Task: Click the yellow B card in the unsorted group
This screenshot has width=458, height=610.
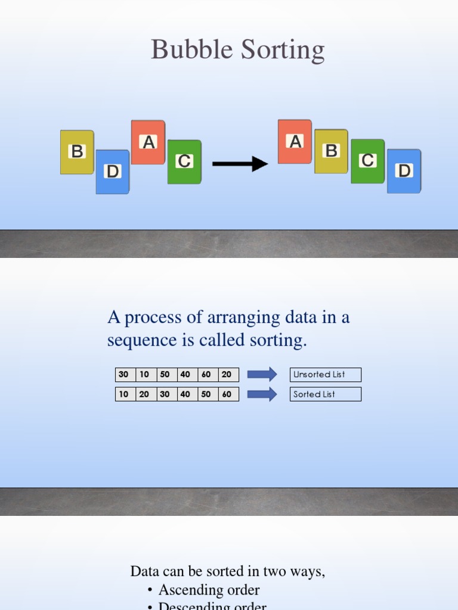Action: point(77,152)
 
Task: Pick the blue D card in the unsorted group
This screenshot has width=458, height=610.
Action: point(113,172)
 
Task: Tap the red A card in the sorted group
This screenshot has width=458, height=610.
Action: point(295,142)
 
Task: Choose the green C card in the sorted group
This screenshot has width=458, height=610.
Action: point(367,161)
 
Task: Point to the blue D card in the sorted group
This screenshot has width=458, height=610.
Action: point(404,171)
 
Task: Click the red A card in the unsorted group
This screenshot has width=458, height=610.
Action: point(148,142)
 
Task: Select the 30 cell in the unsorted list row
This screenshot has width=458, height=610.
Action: point(124,375)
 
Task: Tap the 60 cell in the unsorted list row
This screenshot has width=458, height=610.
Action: point(206,375)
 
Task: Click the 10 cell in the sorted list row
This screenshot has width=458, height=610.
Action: point(124,394)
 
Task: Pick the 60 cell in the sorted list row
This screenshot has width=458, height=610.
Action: point(227,394)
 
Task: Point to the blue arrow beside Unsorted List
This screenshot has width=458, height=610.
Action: point(262,375)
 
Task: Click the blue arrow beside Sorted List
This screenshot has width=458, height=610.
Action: point(262,394)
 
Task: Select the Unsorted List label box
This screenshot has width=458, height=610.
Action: point(326,375)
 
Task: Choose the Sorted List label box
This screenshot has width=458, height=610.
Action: point(326,394)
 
